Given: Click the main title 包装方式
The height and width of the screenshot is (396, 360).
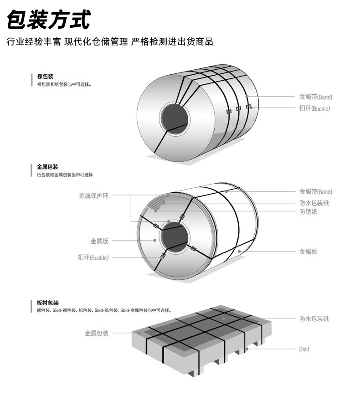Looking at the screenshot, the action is [x=48, y=19].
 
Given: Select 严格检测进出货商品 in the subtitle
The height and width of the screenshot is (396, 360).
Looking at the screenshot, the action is [x=172, y=42].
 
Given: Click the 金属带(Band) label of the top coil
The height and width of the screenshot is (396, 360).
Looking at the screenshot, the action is [x=315, y=97].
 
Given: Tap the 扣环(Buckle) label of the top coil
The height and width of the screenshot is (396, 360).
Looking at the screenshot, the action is [x=314, y=108].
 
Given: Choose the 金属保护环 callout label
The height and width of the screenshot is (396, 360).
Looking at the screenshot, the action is [x=93, y=196].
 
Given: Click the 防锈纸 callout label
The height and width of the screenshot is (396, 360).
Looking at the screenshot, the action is [x=308, y=212].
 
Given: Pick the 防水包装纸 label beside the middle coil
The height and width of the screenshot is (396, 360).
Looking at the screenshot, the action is [x=314, y=203].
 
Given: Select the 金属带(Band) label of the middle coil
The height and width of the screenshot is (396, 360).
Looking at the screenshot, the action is [x=315, y=192].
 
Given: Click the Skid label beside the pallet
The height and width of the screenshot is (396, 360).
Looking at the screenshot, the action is [x=304, y=349].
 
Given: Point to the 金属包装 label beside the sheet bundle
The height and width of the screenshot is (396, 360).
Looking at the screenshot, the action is [x=97, y=333].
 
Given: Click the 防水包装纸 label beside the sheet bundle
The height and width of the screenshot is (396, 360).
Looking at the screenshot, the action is [x=314, y=319].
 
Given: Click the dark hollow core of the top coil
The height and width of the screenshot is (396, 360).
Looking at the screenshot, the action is [x=174, y=117].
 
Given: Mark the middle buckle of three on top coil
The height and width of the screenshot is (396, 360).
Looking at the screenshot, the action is [x=238, y=109].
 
